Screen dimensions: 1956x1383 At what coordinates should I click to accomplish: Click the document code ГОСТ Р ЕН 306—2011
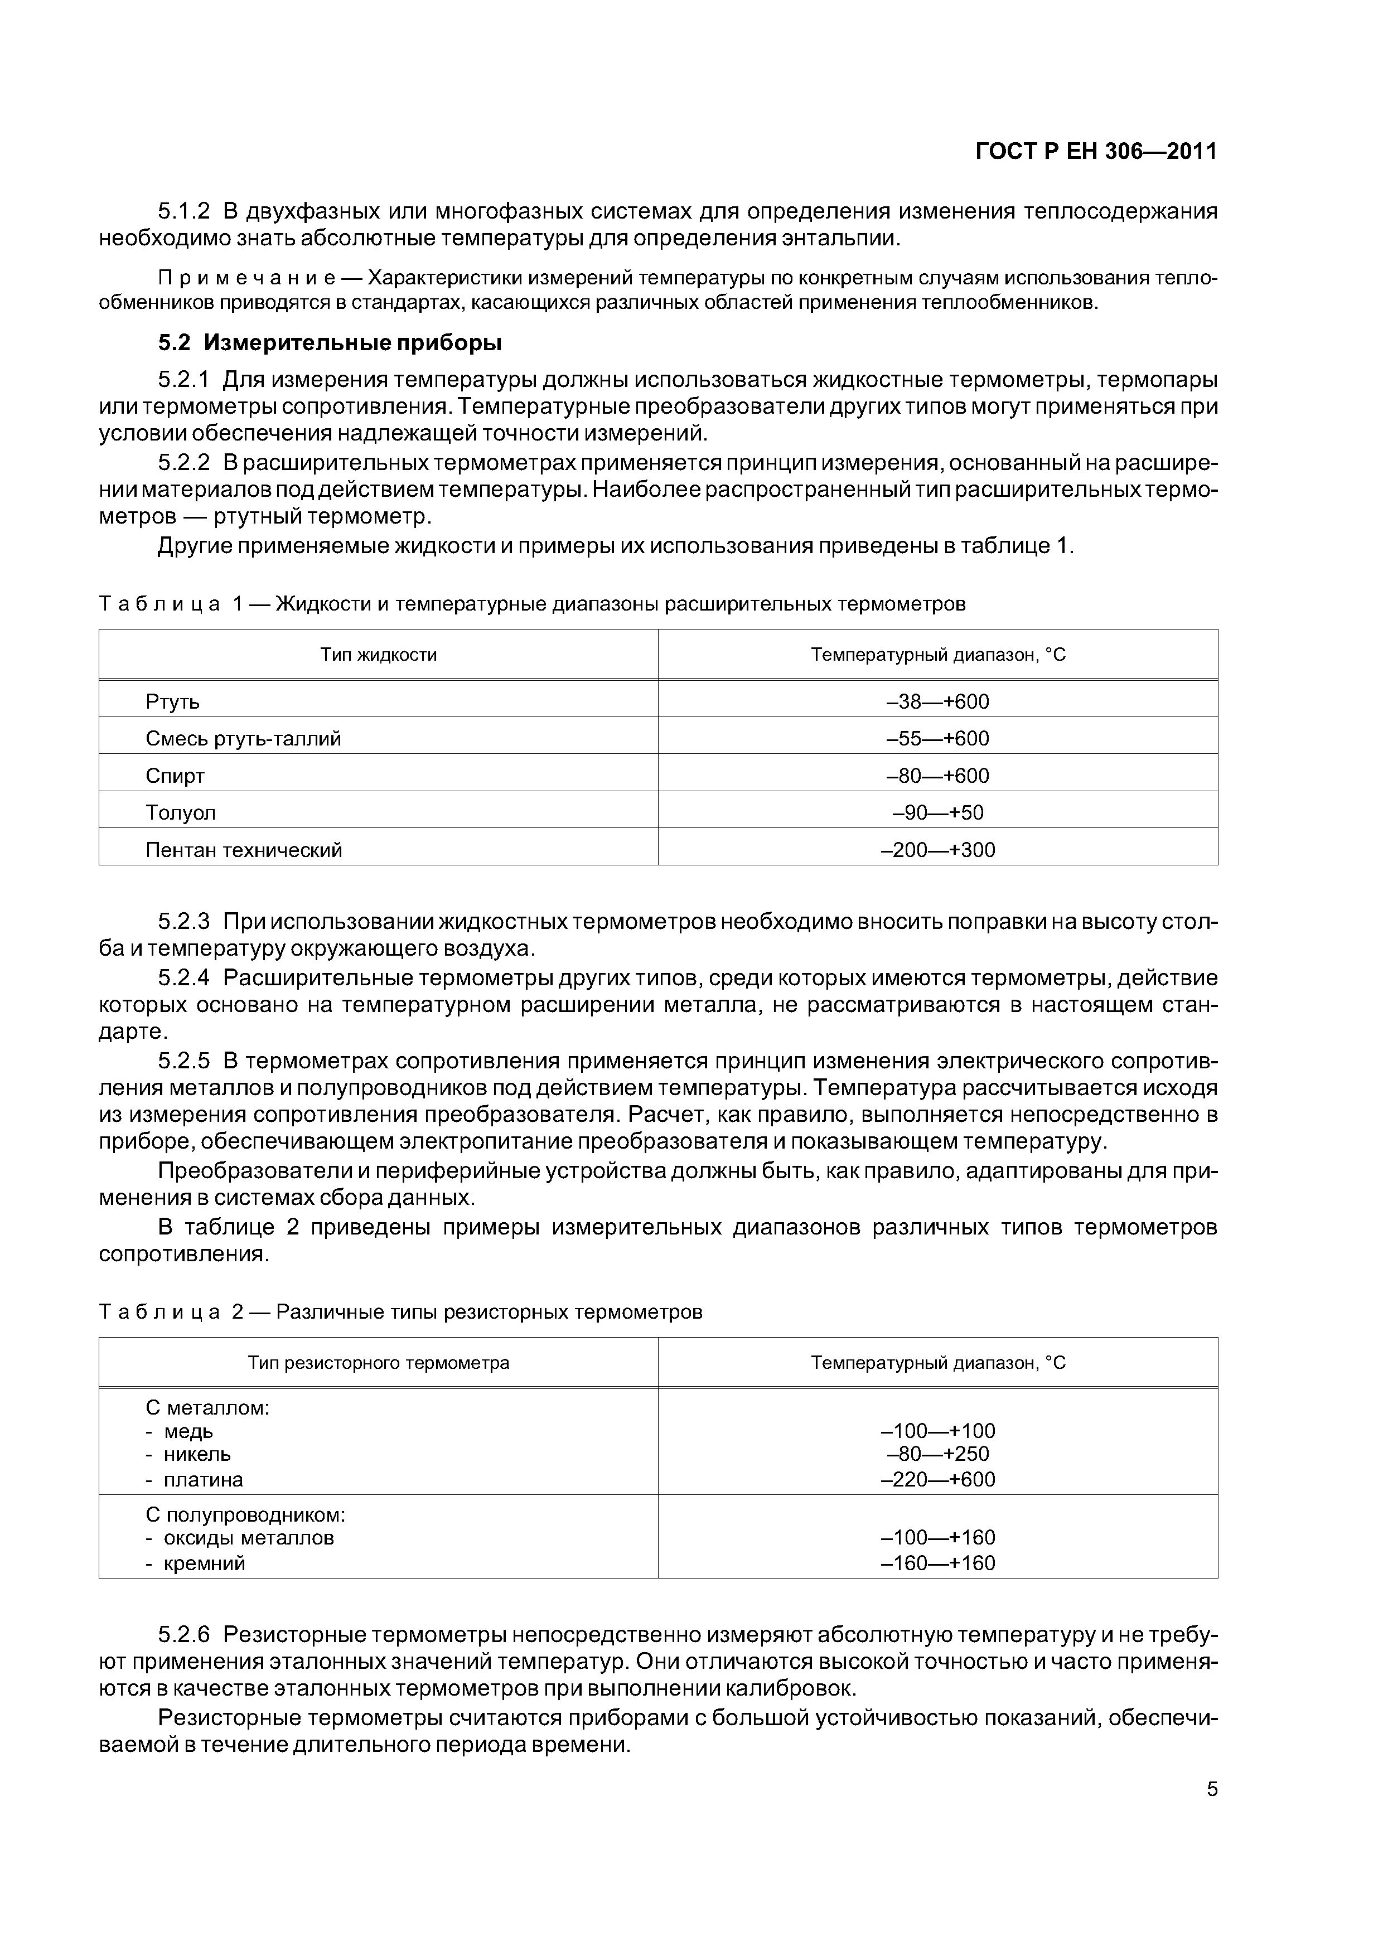tap(1095, 152)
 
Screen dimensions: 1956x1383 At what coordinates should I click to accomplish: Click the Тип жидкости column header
tap(378, 654)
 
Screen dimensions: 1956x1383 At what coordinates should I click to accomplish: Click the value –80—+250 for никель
tap(937, 1454)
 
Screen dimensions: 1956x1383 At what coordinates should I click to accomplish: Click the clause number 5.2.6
tap(184, 1635)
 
